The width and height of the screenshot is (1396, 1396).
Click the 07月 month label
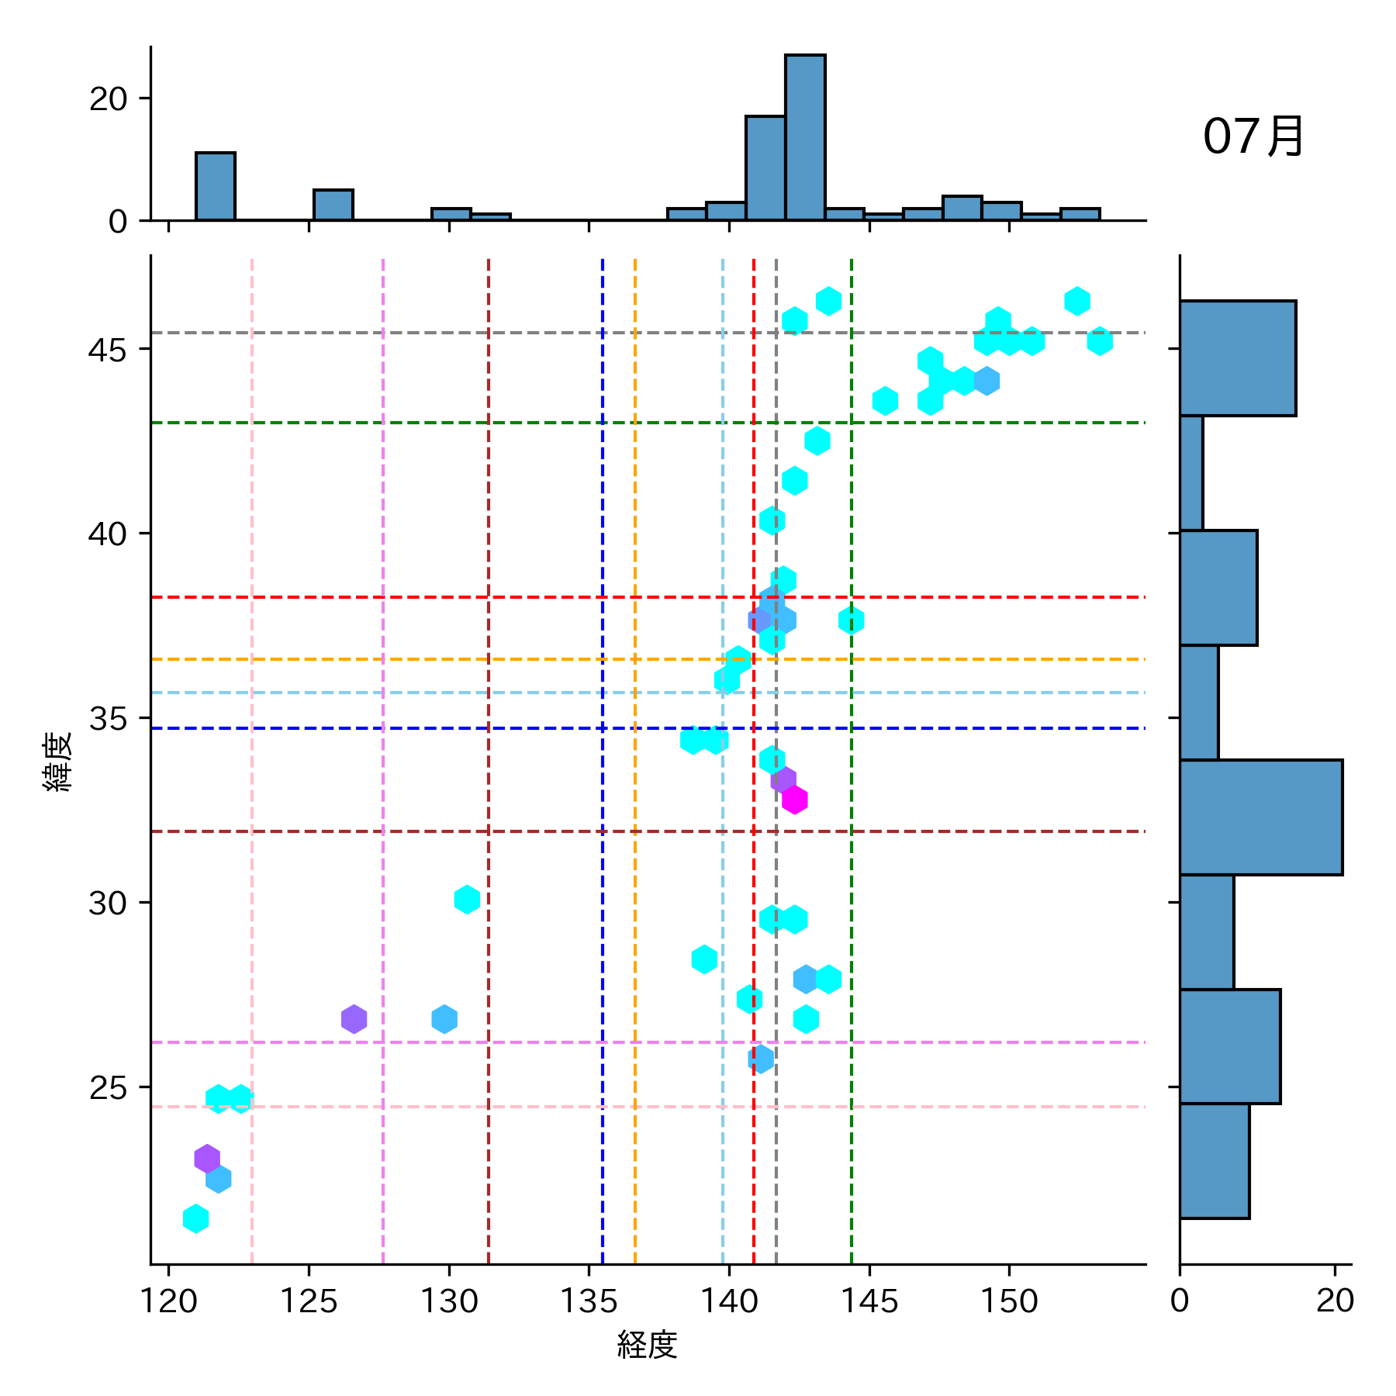tap(1253, 136)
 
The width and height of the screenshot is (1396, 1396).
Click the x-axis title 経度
tap(647, 1344)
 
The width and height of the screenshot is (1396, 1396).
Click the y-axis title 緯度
tap(58, 761)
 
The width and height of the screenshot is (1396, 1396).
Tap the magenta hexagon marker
tap(794, 800)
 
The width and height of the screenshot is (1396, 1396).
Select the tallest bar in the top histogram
tap(805, 137)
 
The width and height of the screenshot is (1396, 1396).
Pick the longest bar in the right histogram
tap(1260, 817)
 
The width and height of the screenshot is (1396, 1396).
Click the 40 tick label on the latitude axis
tap(108, 534)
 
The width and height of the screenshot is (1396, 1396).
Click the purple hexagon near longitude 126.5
tap(354, 1019)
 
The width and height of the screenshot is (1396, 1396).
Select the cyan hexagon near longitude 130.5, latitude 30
tap(467, 900)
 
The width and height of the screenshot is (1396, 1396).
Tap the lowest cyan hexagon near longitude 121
tap(196, 1218)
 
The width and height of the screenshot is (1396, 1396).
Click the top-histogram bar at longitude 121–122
tap(216, 186)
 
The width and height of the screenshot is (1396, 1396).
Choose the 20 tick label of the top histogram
tap(108, 98)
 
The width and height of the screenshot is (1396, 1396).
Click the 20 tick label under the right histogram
tap(1335, 1301)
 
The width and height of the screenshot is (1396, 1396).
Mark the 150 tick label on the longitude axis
tap(1009, 1301)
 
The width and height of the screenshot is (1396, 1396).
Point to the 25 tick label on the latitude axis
tap(108, 1088)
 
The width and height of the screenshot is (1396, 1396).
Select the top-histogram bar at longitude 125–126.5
tap(333, 205)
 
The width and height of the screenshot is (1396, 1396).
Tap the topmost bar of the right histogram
tap(1237, 358)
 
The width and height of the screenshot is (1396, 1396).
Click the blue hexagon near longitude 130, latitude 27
tap(444, 1019)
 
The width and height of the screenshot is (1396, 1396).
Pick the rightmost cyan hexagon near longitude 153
tap(1100, 341)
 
